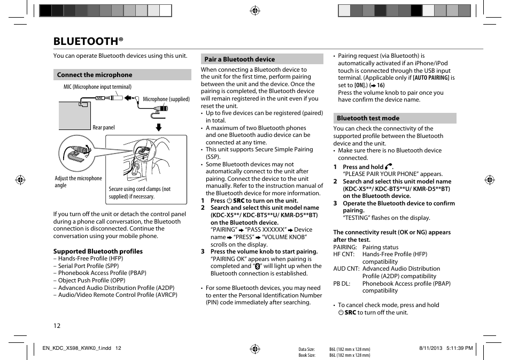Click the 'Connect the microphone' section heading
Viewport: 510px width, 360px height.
click(x=95, y=75)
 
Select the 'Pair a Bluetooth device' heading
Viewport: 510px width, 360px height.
click(x=239, y=59)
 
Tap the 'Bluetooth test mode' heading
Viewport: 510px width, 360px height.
click(x=368, y=118)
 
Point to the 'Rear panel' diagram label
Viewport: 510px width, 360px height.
click(x=104, y=128)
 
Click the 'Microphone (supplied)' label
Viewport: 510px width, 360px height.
click(x=166, y=99)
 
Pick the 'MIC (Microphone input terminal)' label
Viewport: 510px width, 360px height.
click(x=97, y=87)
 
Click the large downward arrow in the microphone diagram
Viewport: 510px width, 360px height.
click(x=159, y=127)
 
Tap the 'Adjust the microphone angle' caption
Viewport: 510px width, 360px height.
click(x=78, y=182)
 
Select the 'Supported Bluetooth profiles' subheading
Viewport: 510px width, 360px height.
click(x=98, y=251)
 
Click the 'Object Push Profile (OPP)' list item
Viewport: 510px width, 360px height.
click(x=91, y=280)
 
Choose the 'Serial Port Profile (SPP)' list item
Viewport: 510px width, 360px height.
click(x=88, y=266)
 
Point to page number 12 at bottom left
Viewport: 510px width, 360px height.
click(x=57, y=326)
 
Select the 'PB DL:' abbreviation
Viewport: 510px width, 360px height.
click(x=342, y=284)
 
